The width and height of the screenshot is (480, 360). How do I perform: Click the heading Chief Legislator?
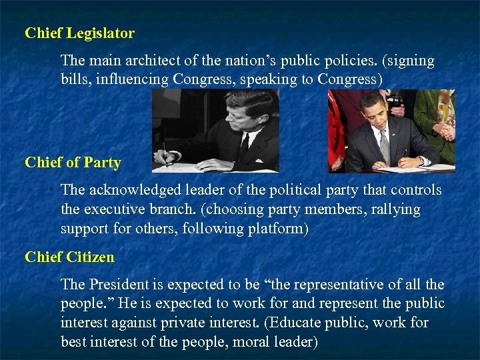click(79, 33)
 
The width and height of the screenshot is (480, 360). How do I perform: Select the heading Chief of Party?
click(73, 163)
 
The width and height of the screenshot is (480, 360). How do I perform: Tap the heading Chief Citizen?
click(69, 257)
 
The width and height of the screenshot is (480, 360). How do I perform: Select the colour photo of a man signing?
click(391, 131)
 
